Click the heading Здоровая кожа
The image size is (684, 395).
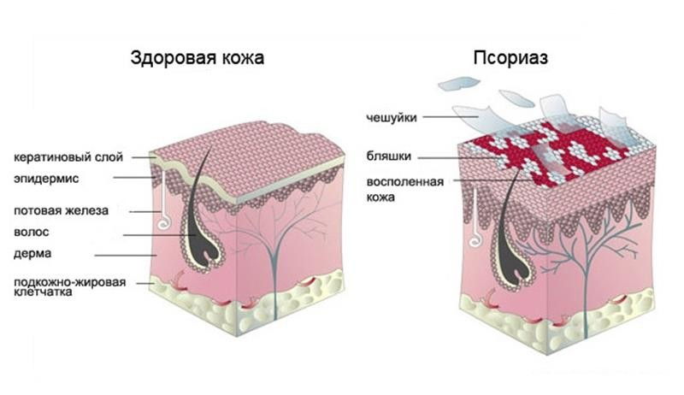(198, 58)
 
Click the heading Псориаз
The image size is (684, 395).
(510, 58)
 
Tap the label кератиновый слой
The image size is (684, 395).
(68, 157)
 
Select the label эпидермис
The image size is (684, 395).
(46, 179)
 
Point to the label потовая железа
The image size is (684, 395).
(61, 211)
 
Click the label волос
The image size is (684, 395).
(31, 232)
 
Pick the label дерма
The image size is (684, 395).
(32, 254)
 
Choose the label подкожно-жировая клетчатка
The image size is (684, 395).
(70, 287)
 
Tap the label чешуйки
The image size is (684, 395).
(392, 117)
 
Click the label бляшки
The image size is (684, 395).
(389, 156)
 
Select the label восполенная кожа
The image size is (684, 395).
(405, 189)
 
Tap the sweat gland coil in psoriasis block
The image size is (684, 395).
(475, 240)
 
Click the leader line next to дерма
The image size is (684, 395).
(127, 256)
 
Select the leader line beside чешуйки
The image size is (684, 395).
(451, 117)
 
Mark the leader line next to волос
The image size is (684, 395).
(159, 235)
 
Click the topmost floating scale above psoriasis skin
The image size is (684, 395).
(459, 83)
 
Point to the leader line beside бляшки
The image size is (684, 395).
(458, 158)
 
